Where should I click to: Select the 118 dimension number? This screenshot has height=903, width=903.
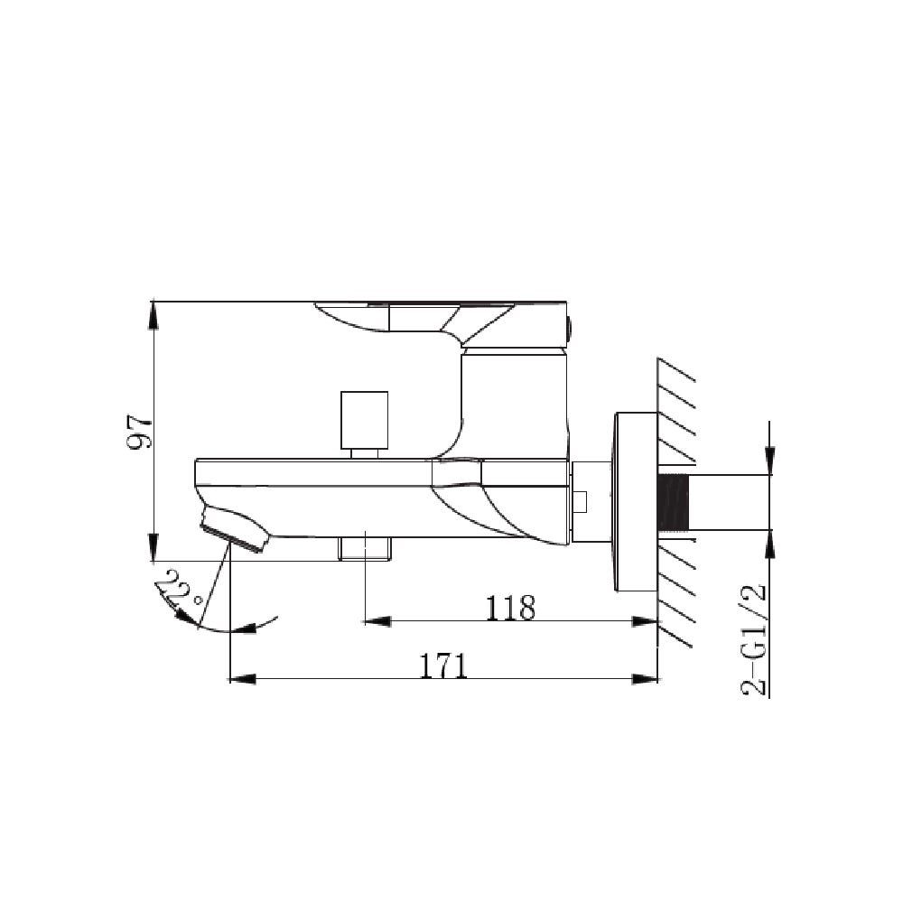click(x=510, y=607)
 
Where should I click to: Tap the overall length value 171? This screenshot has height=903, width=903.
click(x=443, y=666)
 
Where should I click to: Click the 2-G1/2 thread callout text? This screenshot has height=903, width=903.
click(x=754, y=640)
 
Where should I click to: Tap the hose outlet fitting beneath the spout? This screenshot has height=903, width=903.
click(x=364, y=547)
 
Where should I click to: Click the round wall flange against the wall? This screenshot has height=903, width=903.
click(x=636, y=502)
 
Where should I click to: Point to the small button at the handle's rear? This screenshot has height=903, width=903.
click(x=570, y=327)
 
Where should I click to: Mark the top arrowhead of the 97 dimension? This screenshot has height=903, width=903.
click(x=154, y=312)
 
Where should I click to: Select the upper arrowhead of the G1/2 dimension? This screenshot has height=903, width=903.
click(x=768, y=461)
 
